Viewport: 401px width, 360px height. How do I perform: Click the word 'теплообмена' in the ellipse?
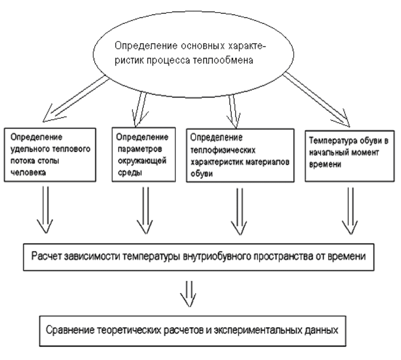tap(223, 60)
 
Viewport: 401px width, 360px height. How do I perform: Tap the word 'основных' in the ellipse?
tap(203, 46)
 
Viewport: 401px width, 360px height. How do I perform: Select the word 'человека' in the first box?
tap(28, 173)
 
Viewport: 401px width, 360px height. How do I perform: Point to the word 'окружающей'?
tap(142, 161)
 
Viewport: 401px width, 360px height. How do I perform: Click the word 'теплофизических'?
tap(223, 150)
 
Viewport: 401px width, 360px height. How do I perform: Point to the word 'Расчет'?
tap(46, 256)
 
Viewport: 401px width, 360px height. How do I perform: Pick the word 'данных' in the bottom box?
tap(321, 330)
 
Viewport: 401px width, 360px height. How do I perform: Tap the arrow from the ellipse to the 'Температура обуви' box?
tap(316, 100)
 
